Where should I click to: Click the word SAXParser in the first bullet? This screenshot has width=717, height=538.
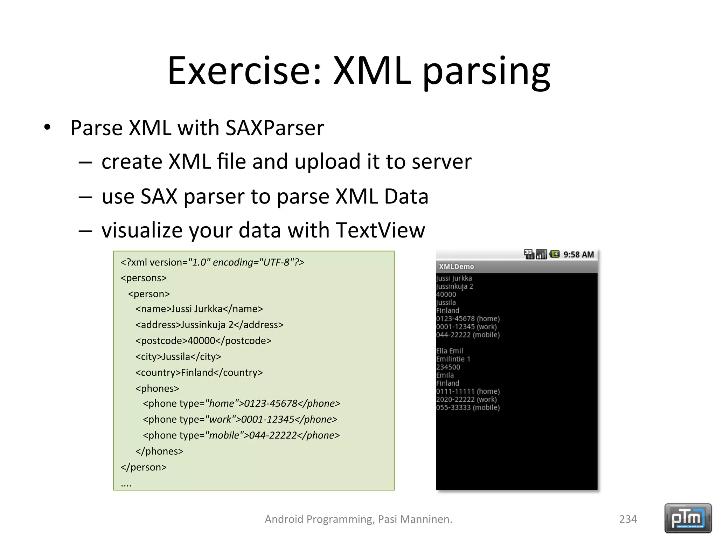click(275, 128)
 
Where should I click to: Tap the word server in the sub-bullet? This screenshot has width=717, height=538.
click(441, 161)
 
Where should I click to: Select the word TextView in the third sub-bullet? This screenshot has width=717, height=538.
click(380, 230)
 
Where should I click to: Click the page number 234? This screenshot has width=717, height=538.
click(628, 519)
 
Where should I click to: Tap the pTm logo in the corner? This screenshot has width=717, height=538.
click(688, 518)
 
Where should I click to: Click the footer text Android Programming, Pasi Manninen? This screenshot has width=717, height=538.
click(358, 519)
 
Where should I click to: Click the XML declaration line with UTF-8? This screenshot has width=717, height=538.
click(213, 262)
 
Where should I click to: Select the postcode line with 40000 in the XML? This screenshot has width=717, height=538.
click(203, 340)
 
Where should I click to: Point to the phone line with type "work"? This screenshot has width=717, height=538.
click(240, 419)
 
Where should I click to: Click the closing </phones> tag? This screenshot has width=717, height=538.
click(159, 451)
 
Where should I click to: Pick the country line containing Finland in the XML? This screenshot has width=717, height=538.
click(199, 372)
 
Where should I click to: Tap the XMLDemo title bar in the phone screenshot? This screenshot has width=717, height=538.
click(516, 267)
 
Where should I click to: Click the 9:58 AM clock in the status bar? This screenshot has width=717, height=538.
click(578, 255)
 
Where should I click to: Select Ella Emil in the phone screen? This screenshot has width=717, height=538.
click(450, 351)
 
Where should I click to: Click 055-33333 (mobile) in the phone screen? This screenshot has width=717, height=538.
click(468, 407)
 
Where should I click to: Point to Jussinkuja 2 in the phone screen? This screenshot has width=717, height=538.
click(454, 287)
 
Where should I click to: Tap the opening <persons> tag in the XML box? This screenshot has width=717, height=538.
click(144, 278)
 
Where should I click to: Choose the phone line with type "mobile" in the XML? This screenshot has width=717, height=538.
click(241, 435)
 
